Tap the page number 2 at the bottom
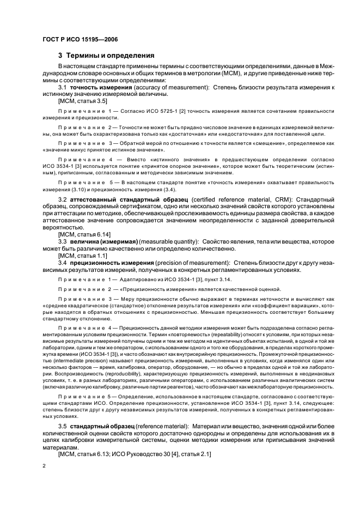[x=44, y=466]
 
